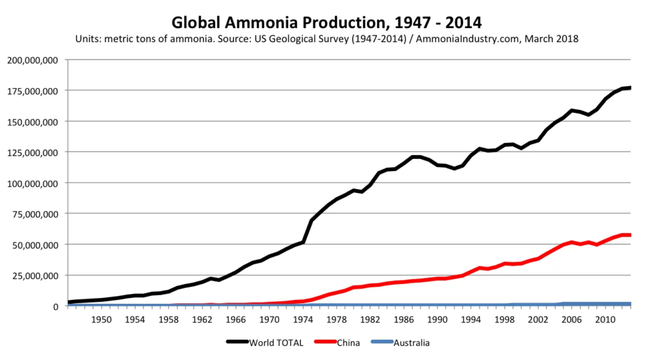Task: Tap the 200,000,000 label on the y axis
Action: [x=33, y=60]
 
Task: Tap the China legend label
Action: [x=348, y=343]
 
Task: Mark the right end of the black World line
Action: [x=630, y=87]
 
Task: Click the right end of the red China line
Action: [x=630, y=235]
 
